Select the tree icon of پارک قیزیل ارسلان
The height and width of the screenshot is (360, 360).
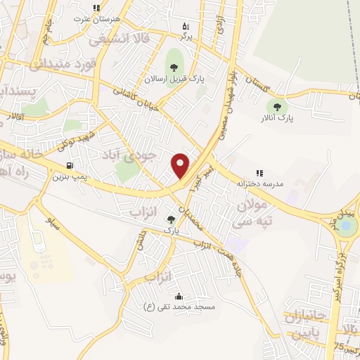[172, 68]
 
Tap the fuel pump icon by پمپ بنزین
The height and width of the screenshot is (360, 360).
[70, 166]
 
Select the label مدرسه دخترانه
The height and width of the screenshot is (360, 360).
[259, 184]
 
